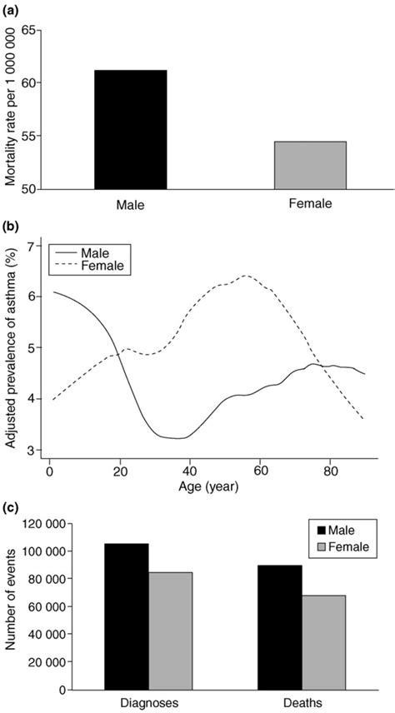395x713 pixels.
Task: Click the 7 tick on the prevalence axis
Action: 31,247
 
